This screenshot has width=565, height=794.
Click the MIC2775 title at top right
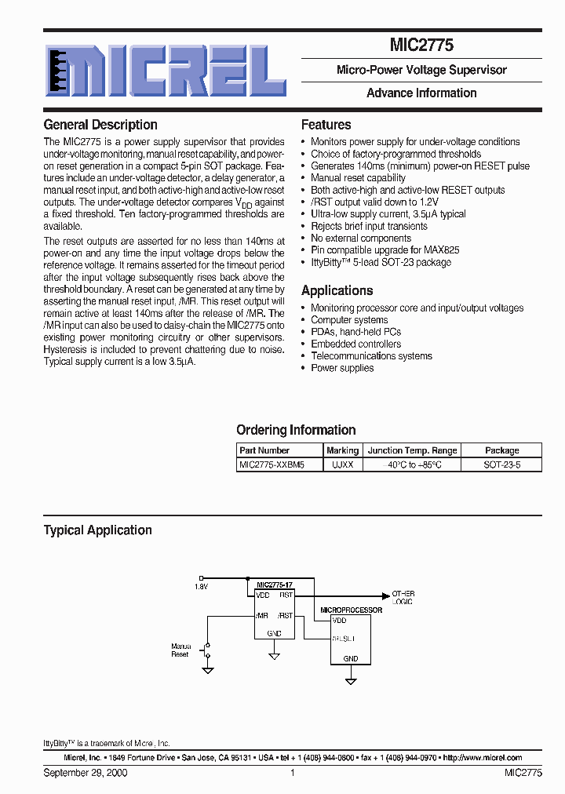421,46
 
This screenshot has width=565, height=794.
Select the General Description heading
100,125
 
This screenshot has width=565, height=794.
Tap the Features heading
326,125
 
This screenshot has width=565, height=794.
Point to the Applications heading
337,290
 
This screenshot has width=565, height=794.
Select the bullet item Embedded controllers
355,344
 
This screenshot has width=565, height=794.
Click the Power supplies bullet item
342,368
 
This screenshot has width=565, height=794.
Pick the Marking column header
342,450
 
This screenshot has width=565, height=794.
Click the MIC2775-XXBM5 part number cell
272,464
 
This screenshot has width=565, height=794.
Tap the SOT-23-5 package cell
501,464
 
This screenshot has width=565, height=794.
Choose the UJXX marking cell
342,464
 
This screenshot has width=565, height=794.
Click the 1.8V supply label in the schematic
202,586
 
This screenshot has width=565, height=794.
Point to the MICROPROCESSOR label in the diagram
351,610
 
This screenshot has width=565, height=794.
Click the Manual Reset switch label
180,650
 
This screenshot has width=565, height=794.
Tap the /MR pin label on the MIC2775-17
262,616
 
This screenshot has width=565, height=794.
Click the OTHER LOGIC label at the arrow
403,597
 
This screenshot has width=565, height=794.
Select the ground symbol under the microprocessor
348,680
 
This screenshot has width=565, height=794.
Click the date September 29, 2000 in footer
86,773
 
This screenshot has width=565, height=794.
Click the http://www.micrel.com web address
483,758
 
